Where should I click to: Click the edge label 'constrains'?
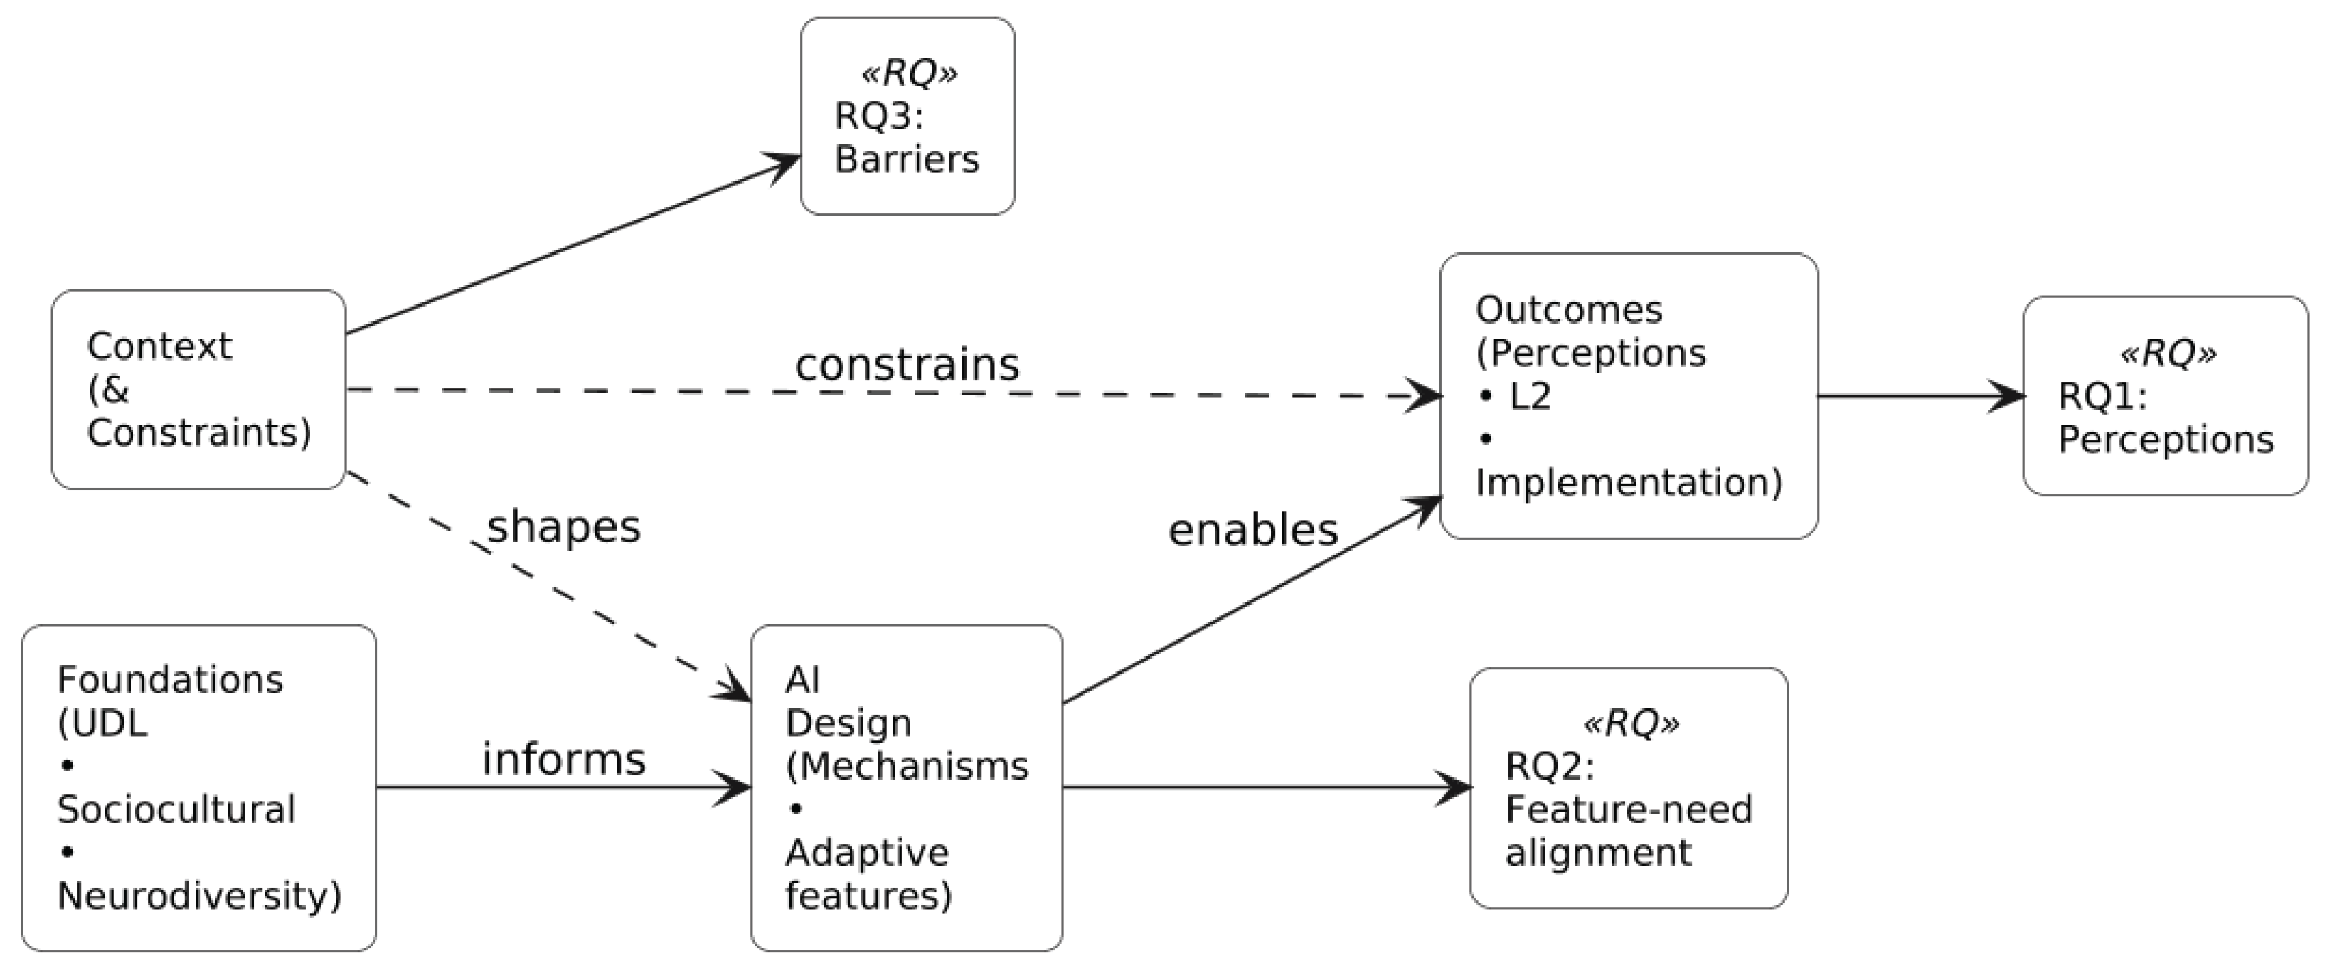click(x=907, y=365)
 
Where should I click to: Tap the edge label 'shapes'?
click(x=563, y=526)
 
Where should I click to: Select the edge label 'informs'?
click(x=563, y=759)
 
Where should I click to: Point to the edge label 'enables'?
click(x=1253, y=529)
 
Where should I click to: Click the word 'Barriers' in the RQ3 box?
click(x=906, y=159)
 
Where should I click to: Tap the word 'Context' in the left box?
click(x=160, y=346)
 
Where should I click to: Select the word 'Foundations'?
click(x=170, y=679)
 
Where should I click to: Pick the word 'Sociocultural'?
click(x=176, y=809)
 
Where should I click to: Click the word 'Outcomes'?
click(x=1569, y=309)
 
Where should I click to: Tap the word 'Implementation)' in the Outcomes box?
click(x=1629, y=482)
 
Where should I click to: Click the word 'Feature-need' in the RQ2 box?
click(x=1629, y=809)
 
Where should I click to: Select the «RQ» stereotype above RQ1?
click(x=2167, y=352)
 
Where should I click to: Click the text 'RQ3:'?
click(x=878, y=116)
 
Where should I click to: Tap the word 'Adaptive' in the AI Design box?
click(x=866, y=852)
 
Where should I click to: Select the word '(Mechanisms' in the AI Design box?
click(x=906, y=766)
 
